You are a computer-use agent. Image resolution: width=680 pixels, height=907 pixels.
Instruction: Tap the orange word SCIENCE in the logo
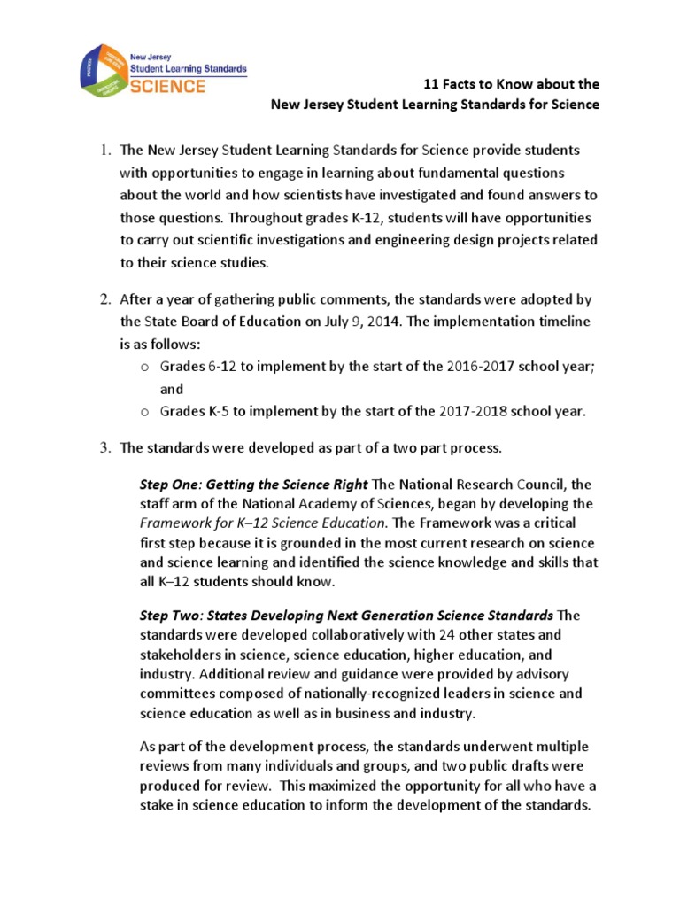click(167, 87)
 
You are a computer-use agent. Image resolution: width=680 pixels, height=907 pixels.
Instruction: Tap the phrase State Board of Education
click(214, 322)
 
